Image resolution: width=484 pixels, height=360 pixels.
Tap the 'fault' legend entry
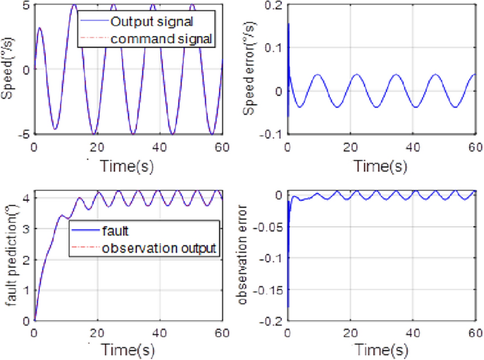coord(117,230)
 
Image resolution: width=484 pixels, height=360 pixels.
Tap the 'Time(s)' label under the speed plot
coord(128,166)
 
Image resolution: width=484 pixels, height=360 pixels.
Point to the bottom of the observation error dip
coord(288,307)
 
